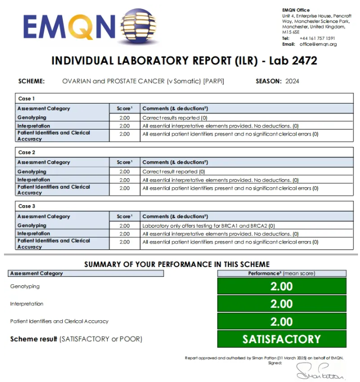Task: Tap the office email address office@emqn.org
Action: (x=318, y=44)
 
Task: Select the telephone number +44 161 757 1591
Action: (x=317, y=38)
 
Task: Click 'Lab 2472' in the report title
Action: (x=293, y=61)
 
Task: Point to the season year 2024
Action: (x=292, y=81)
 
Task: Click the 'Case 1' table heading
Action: (x=26, y=99)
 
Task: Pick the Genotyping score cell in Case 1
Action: (x=124, y=118)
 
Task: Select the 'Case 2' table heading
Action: (x=26, y=152)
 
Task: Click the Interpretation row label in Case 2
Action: (x=34, y=180)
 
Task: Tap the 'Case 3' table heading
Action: (x=26, y=206)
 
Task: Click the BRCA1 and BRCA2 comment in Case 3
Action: (x=209, y=226)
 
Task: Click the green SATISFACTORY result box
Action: (x=282, y=339)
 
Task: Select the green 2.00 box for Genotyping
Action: (x=282, y=286)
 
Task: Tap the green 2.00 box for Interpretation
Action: (x=282, y=304)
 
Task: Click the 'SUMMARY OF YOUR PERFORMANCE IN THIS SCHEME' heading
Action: (x=177, y=264)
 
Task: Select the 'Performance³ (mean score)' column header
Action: (x=282, y=273)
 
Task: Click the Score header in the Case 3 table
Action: (x=124, y=217)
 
